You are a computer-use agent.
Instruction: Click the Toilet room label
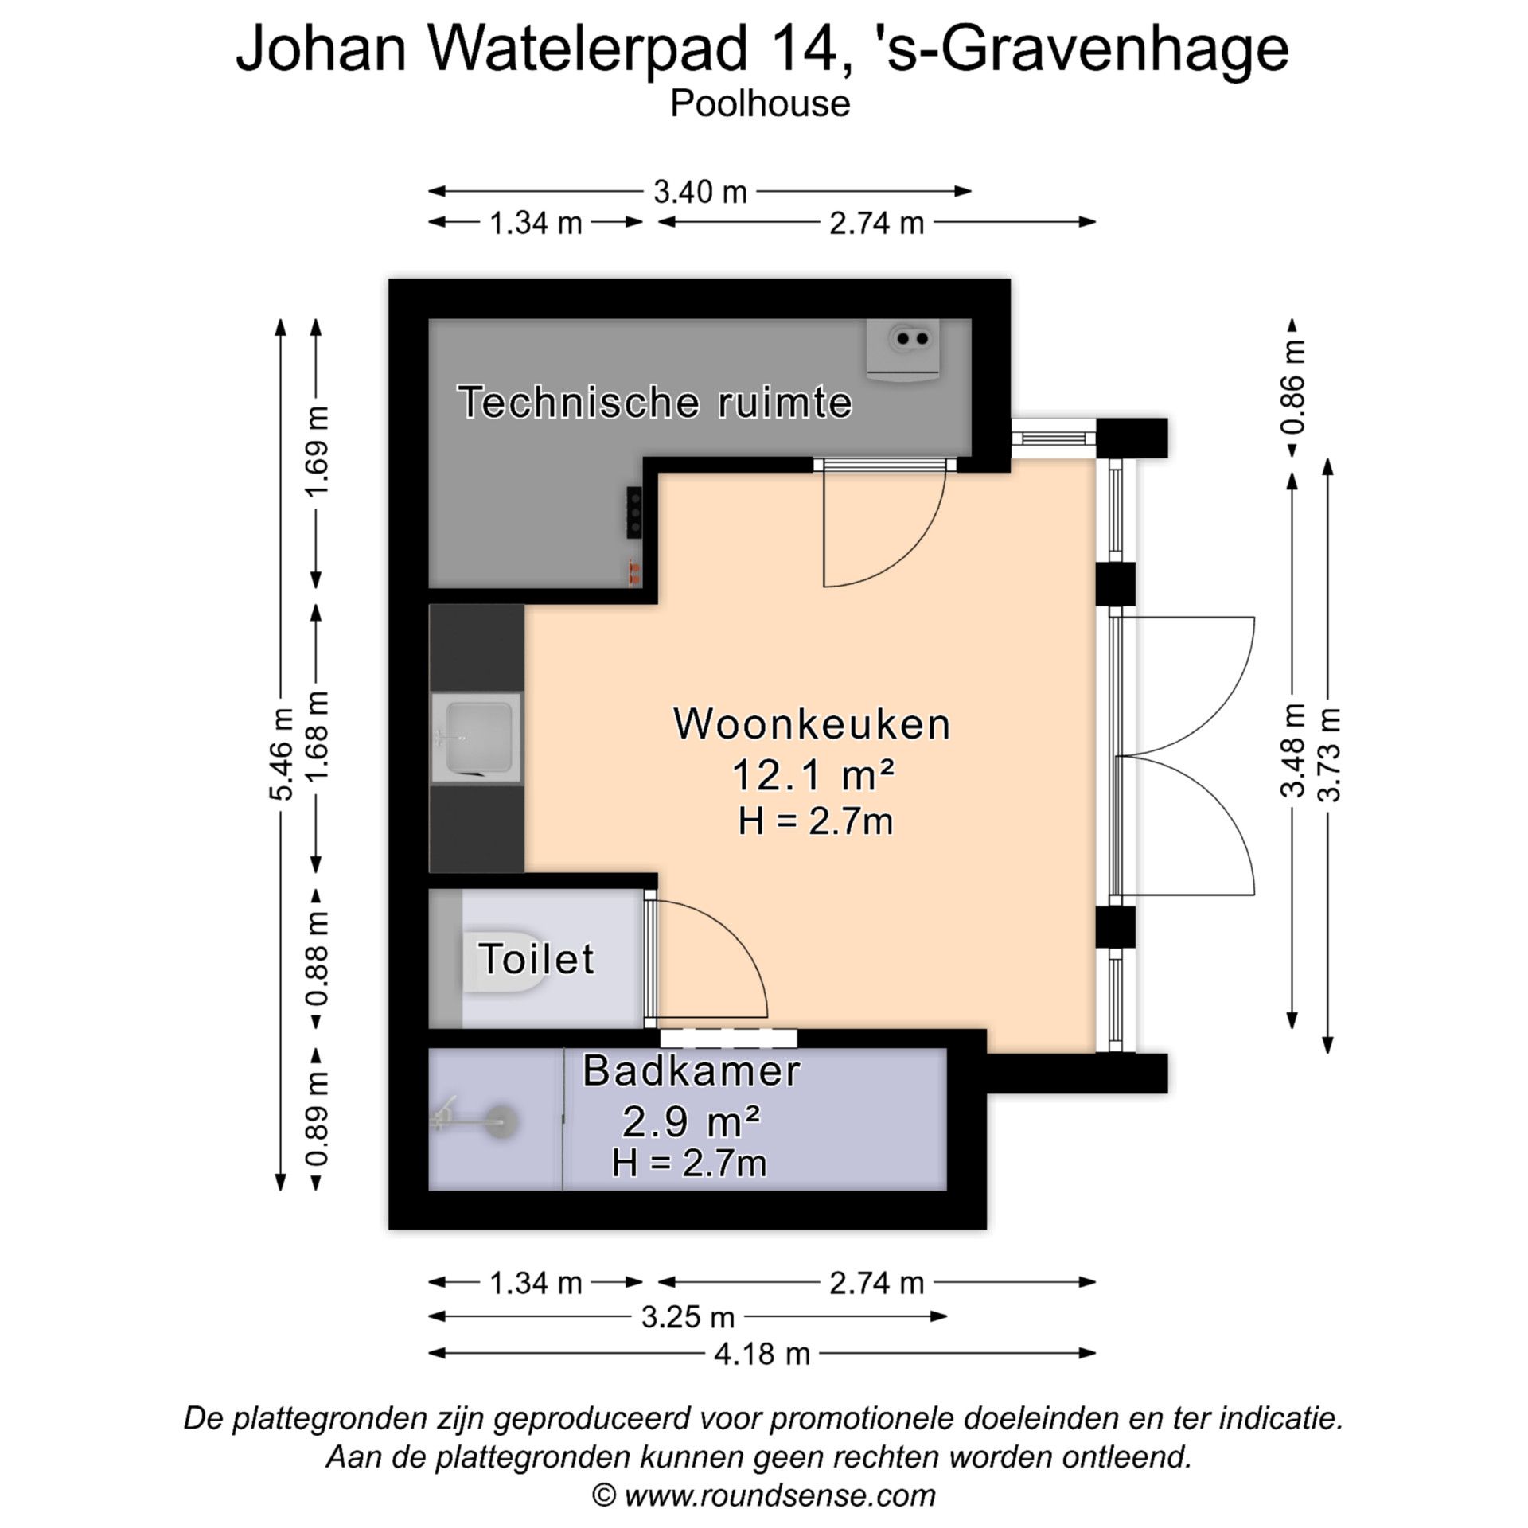(x=536, y=958)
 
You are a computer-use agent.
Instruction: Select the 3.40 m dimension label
(x=700, y=192)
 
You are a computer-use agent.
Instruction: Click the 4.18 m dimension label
(x=762, y=1353)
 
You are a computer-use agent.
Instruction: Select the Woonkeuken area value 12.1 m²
(x=812, y=775)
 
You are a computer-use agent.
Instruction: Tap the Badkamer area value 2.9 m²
(x=690, y=1122)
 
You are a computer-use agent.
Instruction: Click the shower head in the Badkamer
(x=501, y=1121)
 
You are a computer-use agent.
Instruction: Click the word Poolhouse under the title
(x=760, y=104)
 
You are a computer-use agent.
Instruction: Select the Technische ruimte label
(x=654, y=402)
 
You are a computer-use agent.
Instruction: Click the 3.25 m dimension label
(x=688, y=1317)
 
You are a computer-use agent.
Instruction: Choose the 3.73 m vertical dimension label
(x=1329, y=754)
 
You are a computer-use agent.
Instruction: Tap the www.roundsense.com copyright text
(x=763, y=1495)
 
